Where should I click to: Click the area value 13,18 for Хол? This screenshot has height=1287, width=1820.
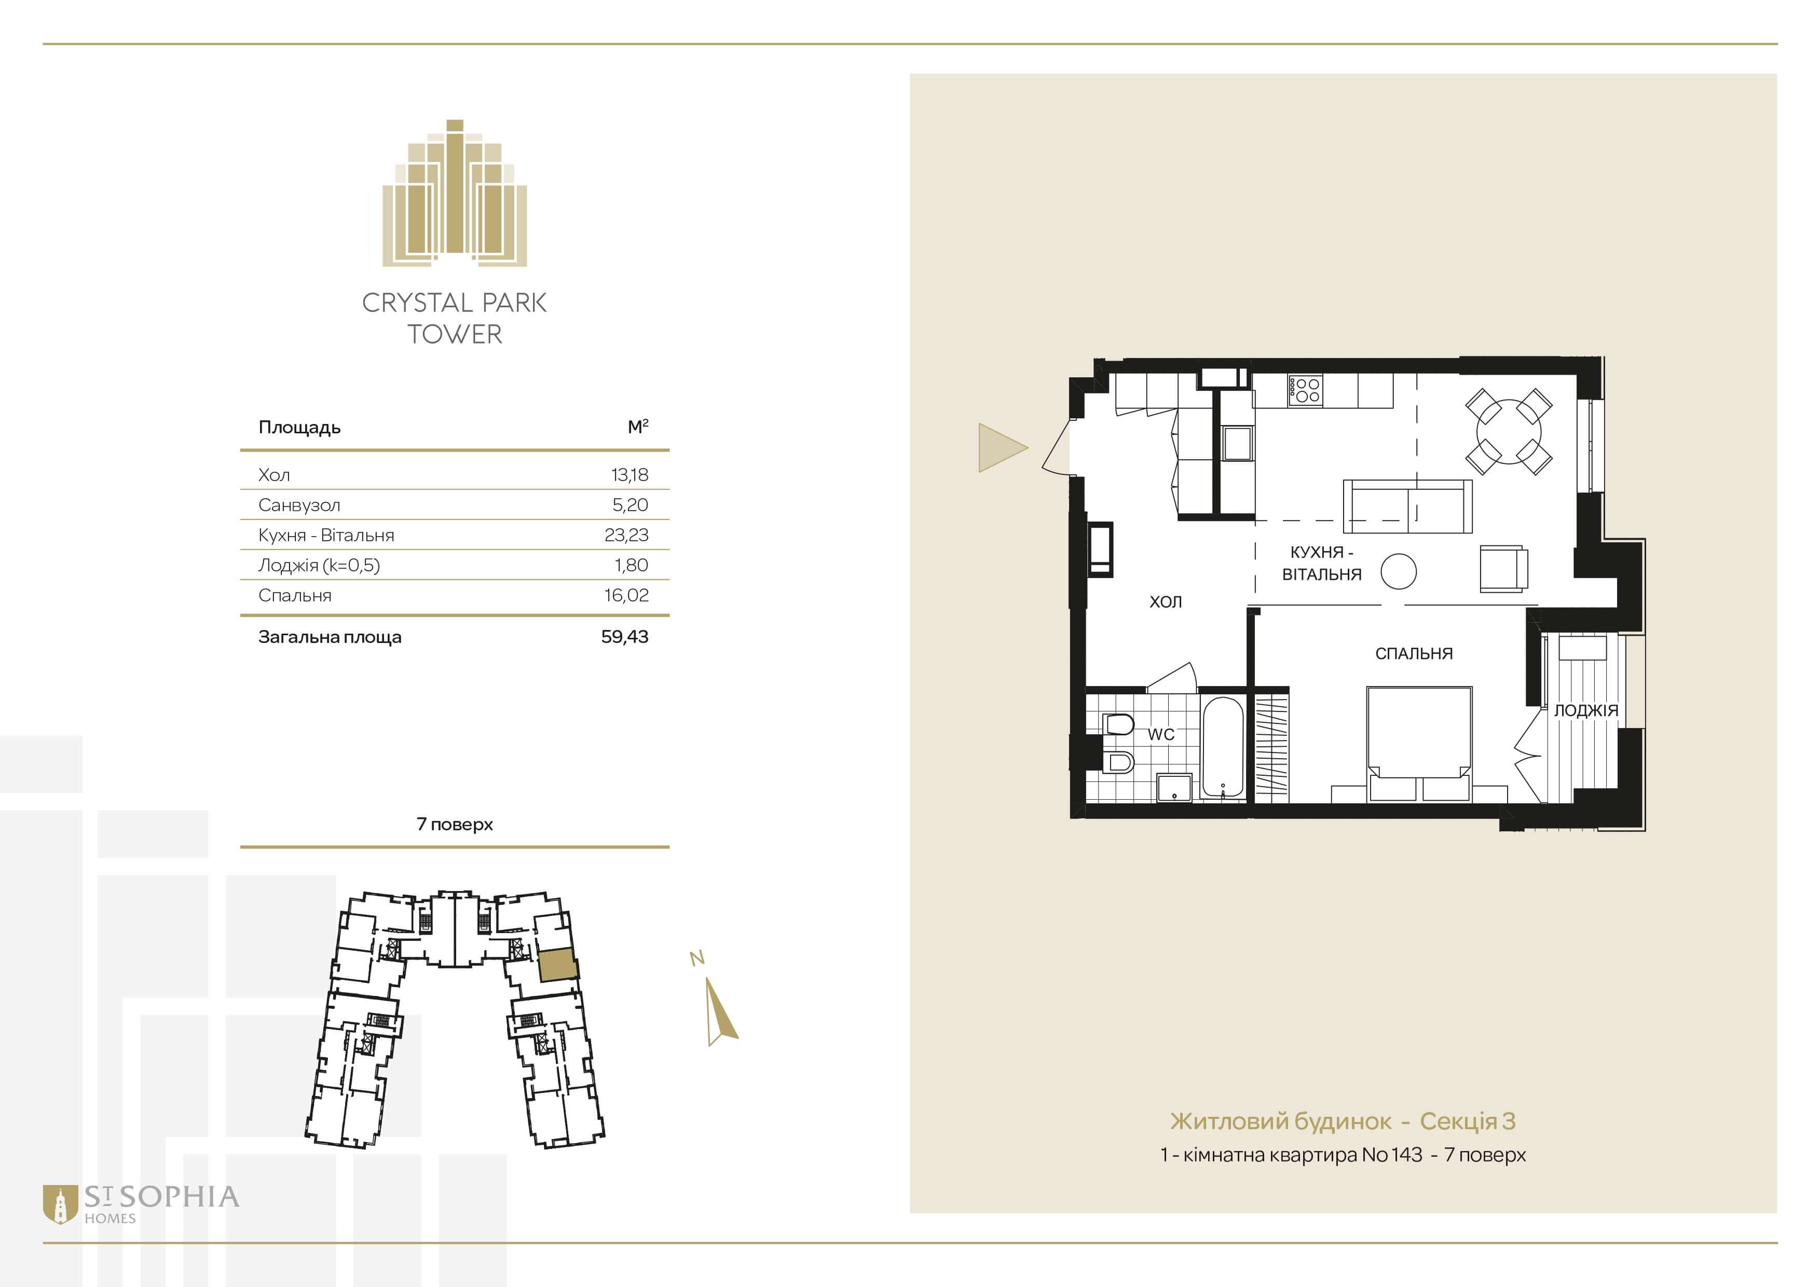(630, 475)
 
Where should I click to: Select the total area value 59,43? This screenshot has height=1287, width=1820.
(625, 636)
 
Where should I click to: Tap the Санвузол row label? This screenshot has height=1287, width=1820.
(299, 505)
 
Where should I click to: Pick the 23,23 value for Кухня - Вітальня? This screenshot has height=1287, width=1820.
(626, 535)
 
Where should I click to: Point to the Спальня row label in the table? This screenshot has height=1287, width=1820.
(295, 595)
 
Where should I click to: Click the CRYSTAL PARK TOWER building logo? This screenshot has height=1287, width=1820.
(455, 193)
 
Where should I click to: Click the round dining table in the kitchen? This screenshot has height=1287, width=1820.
(1509, 432)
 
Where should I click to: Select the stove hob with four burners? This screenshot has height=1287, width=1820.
(1305, 390)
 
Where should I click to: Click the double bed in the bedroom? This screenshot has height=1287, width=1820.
(1419, 743)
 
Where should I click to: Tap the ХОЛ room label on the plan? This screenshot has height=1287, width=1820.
(1165, 601)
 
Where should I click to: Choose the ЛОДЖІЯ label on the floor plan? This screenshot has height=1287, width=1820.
(1585, 710)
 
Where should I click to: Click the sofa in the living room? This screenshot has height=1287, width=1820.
(1407, 505)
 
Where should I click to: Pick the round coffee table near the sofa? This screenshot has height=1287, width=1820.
(1398, 571)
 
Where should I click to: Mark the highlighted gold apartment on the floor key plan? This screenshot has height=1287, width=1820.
(557, 964)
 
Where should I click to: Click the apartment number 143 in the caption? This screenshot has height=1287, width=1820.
(1405, 1155)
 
